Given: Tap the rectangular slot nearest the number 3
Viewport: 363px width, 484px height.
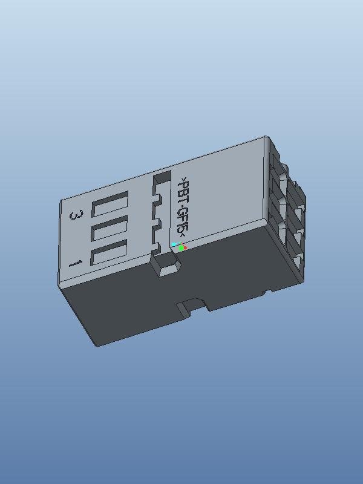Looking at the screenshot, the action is pyautogui.click(x=110, y=204).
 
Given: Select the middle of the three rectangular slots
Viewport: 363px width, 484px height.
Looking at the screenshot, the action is pyautogui.click(x=110, y=229).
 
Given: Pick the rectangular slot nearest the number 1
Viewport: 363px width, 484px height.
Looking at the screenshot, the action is pyautogui.click(x=110, y=252).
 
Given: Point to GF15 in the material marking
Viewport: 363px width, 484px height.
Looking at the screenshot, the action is pyautogui.click(x=182, y=221).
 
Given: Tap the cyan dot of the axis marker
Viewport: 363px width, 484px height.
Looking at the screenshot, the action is pyautogui.click(x=174, y=244).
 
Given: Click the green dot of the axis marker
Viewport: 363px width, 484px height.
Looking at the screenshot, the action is pyautogui.click(x=181, y=248).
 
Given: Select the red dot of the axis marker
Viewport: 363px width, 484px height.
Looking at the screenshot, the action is pyautogui.click(x=185, y=247).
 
